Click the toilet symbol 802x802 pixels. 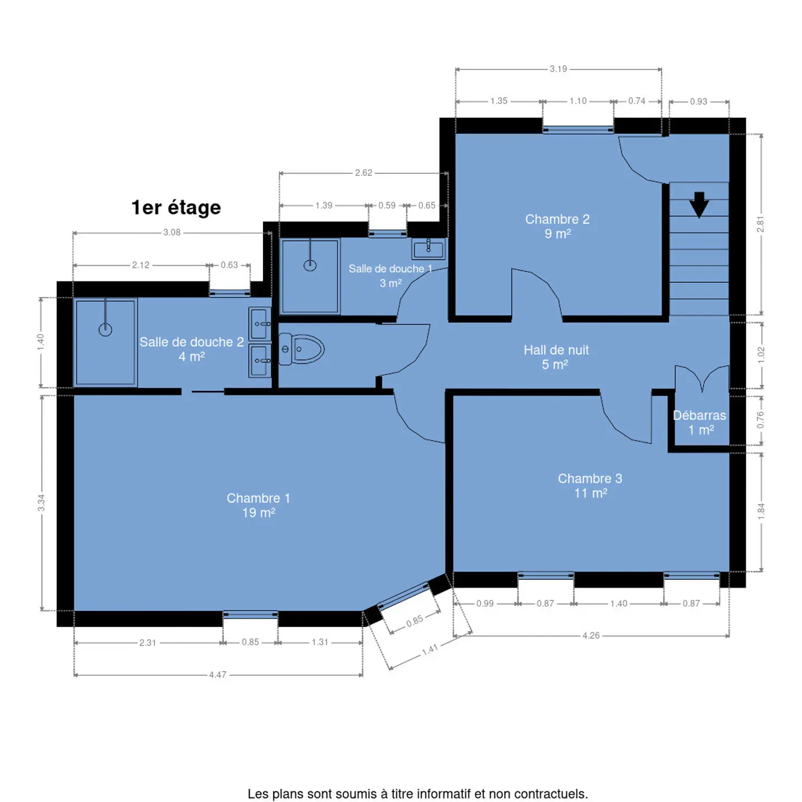(x=301, y=349)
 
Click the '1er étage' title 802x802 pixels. (x=176, y=207)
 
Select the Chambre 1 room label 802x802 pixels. (x=258, y=505)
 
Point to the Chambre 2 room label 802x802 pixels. (x=558, y=226)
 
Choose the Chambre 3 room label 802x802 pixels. (x=590, y=486)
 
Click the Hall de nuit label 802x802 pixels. (x=556, y=356)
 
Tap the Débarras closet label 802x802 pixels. (x=699, y=422)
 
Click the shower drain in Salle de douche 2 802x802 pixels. (x=105, y=330)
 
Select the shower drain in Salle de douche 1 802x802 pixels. (x=310, y=265)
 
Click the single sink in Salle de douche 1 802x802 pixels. (x=428, y=249)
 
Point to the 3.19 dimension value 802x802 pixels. (x=558, y=69)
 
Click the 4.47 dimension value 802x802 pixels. (x=218, y=674)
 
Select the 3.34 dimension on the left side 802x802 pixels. (x=41, y=503)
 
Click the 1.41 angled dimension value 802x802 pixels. (x=430, y=649)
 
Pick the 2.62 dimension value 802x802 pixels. (x=363, y=173)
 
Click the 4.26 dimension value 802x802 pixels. (x=590, y=635)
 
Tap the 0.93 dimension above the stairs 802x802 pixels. (x=698, y=101)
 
